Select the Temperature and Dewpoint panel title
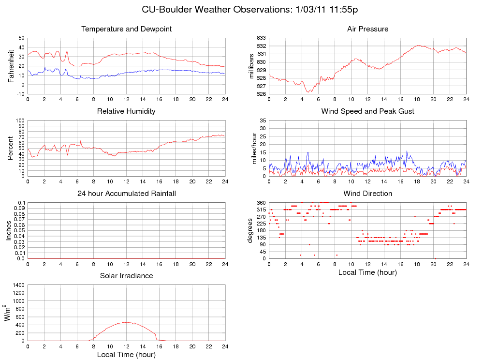coord(127,29)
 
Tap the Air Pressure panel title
coord(367,29)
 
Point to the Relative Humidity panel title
coord(126,111)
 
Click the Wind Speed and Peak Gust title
coord(367,111)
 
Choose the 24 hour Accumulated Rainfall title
coord(127,194)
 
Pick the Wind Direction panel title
coord(367,194)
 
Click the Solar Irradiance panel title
coord(126,276)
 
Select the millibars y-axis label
coord(251,66)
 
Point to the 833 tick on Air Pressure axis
coord(261,38)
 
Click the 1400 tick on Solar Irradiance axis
coord(17,285)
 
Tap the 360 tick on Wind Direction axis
coord(261,203)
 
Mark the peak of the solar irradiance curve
coord(126,322)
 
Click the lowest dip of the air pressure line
coord(308,92)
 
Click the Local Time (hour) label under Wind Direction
coord(367,272)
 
